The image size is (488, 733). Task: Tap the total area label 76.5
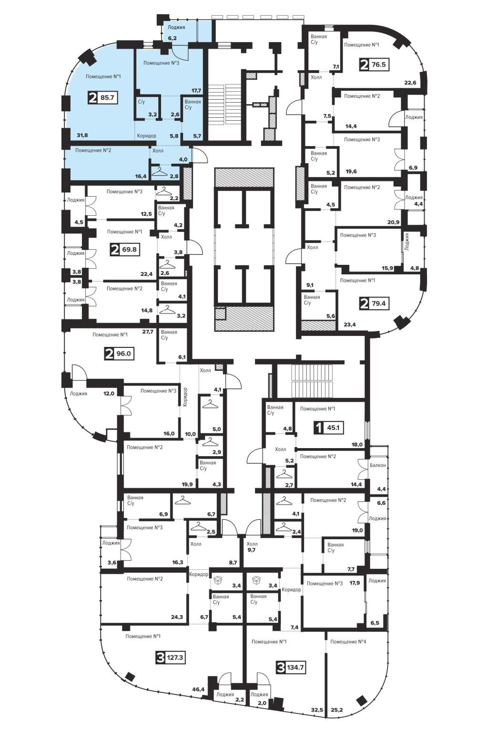coord(378,64)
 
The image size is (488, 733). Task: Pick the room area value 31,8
coord(82,135)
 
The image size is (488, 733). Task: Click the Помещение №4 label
coord(348,642)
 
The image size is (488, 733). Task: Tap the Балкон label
coord(378,465)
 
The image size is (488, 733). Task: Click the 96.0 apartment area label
coord(123,354)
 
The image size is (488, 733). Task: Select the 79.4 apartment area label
coord(378,304)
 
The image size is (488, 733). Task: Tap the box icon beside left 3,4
coord(218,580)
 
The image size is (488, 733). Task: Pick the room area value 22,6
coord(410,83)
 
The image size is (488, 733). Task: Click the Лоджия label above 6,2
coord(176,27)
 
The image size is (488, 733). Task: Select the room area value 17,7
coord(196,91)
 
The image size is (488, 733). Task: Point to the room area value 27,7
coord(148,332)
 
